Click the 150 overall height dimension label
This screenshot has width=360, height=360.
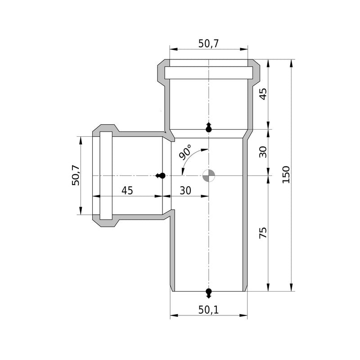286,175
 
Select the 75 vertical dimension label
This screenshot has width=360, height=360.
263,233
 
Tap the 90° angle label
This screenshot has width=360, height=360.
185,152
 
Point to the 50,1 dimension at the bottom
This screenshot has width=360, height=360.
208,310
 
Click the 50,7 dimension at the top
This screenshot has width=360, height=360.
208,44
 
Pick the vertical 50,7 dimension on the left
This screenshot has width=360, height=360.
76,175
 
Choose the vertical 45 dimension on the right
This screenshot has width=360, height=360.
263,94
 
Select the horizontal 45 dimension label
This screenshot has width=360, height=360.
127,190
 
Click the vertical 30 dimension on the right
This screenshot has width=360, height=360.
263,152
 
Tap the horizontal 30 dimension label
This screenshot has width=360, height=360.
185,190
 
